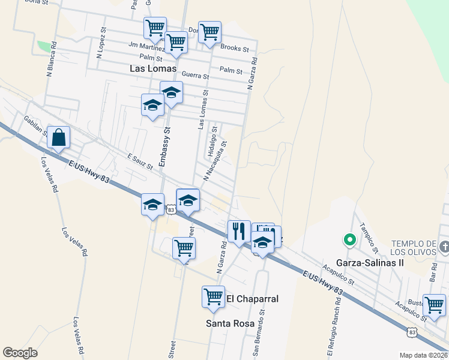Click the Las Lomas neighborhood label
[153, 69]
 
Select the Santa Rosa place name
[226, 323]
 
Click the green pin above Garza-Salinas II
[349, 241]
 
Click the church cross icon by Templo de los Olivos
[444, 246]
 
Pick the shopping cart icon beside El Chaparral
[214, 296]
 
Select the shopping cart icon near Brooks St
[209, 32]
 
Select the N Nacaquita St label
[216, 160]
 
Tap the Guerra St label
[196, 76]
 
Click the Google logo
[20, 353]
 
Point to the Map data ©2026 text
[424, 355]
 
